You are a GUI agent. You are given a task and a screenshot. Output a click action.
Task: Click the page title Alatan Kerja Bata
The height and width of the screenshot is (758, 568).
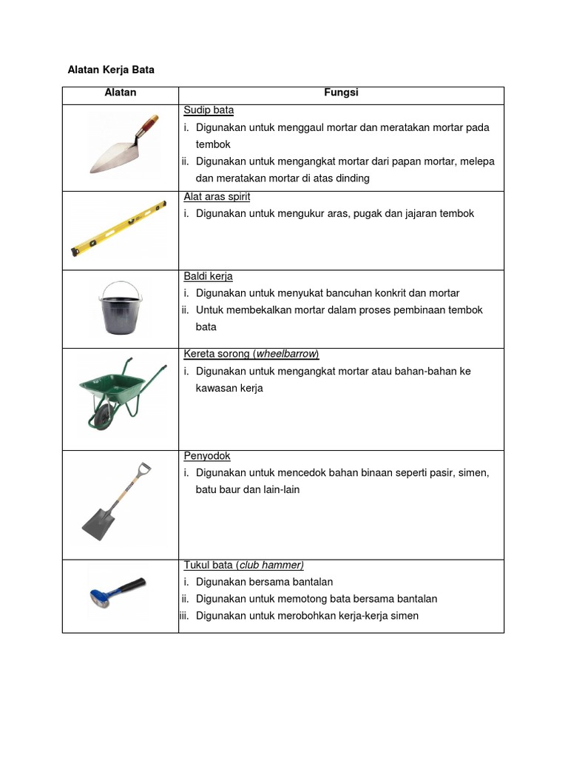tap(111, 70)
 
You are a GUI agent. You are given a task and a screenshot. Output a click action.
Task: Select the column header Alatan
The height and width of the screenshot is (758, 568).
tap(120, 93)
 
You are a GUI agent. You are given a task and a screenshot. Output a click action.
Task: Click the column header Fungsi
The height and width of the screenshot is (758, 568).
tap(341, 93)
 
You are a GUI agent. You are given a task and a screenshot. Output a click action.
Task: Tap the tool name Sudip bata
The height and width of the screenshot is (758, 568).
tap(209, 110)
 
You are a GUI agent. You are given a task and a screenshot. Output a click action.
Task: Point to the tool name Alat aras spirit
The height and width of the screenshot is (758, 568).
tap(217, 197)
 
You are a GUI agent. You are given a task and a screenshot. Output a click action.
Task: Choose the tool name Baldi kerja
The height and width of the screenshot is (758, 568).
tap(208, 276)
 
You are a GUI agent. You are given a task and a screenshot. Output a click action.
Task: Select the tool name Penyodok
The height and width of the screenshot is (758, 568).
tap(207, 456)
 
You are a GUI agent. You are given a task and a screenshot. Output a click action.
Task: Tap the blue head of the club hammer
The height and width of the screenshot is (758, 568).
tap(100, 596)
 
